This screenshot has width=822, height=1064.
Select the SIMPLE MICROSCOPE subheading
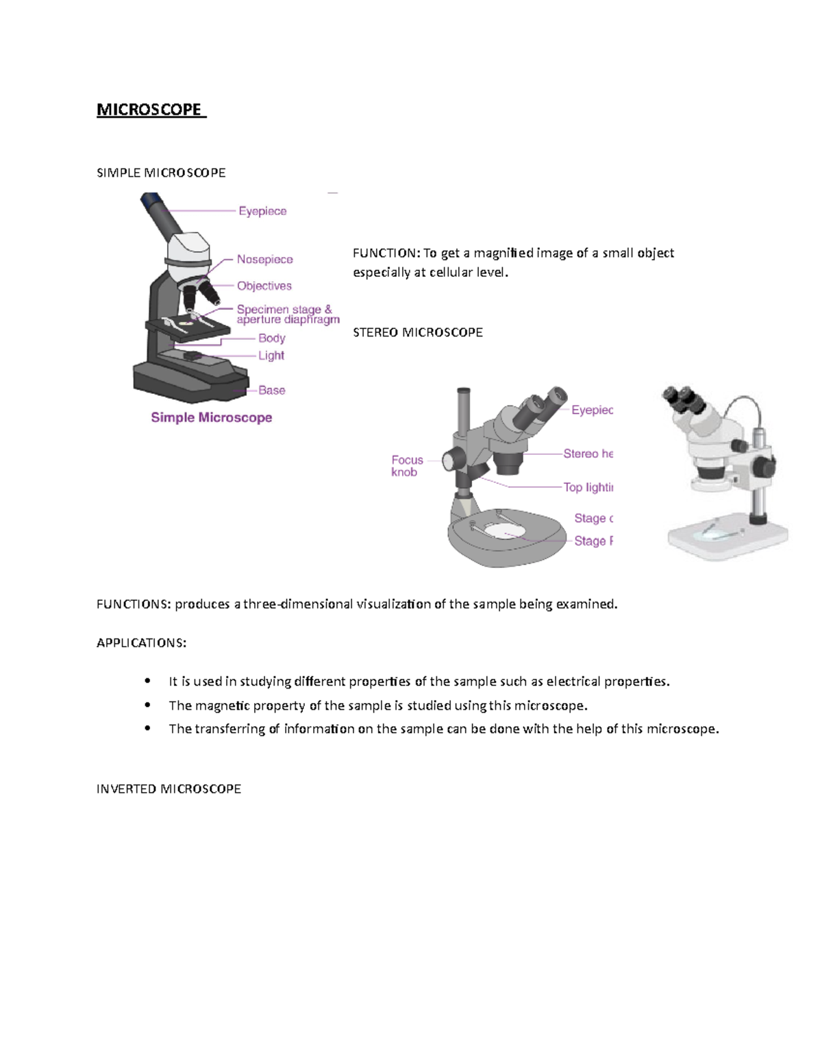(161, 173)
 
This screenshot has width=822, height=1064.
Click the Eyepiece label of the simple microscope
(262, 211)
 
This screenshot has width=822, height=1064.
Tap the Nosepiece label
(264, 259)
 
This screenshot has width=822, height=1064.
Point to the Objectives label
(264, 286)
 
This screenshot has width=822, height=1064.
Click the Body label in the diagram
(271, 338)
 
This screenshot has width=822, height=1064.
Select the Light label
(271, 356)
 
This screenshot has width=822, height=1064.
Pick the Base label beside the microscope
(271, 390)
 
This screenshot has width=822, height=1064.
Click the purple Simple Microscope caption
(211, 417)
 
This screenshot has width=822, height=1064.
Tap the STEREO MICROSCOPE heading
(417, 332)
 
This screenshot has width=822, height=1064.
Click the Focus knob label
(407, 466)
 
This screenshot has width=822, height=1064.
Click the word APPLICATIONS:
(141, 643)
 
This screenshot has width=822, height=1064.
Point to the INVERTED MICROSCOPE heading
(169, 789)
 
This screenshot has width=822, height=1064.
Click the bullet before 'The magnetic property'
(147, 705)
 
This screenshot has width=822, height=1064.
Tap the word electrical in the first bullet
(573, 681)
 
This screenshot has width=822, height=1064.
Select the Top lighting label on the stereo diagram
(588, 487)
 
